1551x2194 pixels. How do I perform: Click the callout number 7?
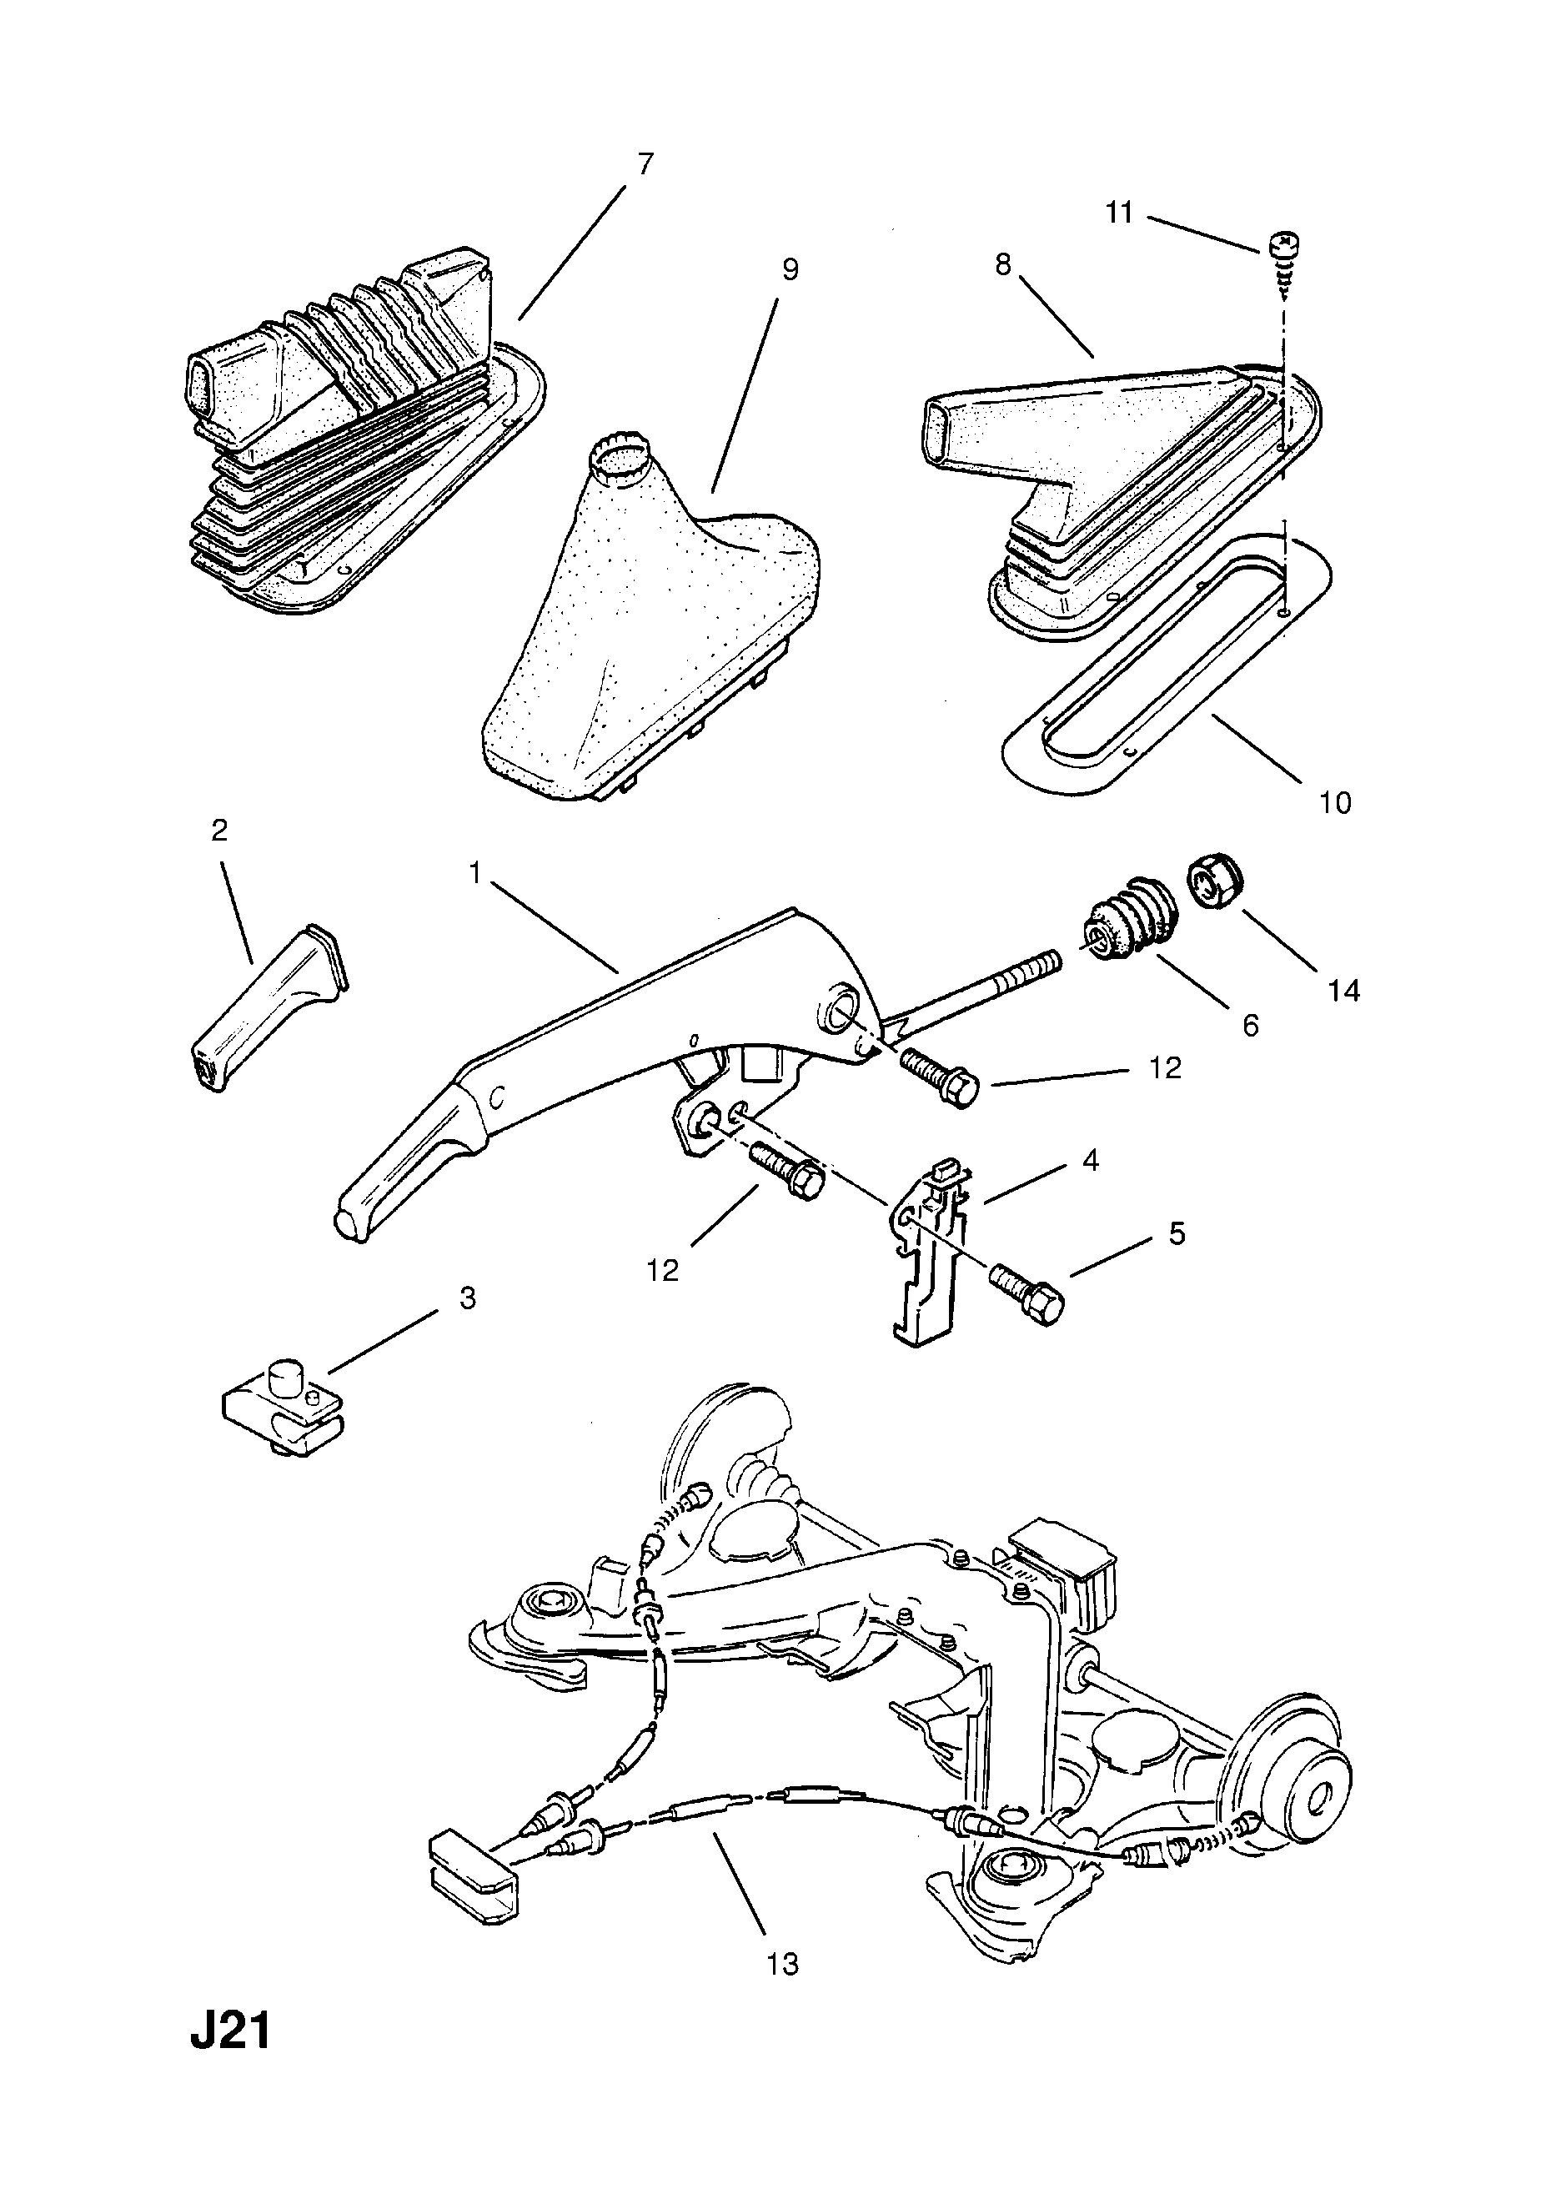pos(645,164)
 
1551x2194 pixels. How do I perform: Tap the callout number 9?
pos(790,269)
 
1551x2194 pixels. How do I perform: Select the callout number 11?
pos(1119,212)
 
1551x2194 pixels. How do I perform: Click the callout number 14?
pos(1343,991)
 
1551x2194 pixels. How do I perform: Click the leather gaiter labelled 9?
pos(653,631)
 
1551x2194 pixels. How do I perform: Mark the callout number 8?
pos(1002,264)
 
